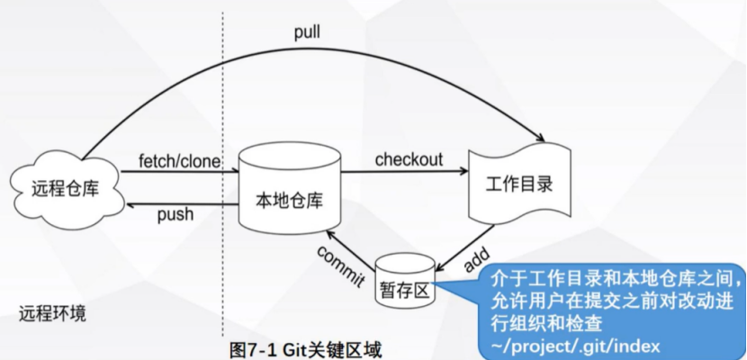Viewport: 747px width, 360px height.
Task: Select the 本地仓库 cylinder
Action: (x=290, y=193)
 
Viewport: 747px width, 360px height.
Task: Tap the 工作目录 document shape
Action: (x=518, y=184)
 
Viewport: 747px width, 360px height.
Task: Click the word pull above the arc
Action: (x=307, y=33)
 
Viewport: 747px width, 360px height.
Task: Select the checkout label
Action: (x=409, y=160)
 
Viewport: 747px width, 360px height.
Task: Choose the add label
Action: (x=475, y=258)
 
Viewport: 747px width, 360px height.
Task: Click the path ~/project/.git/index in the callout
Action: (x=576, y=343)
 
